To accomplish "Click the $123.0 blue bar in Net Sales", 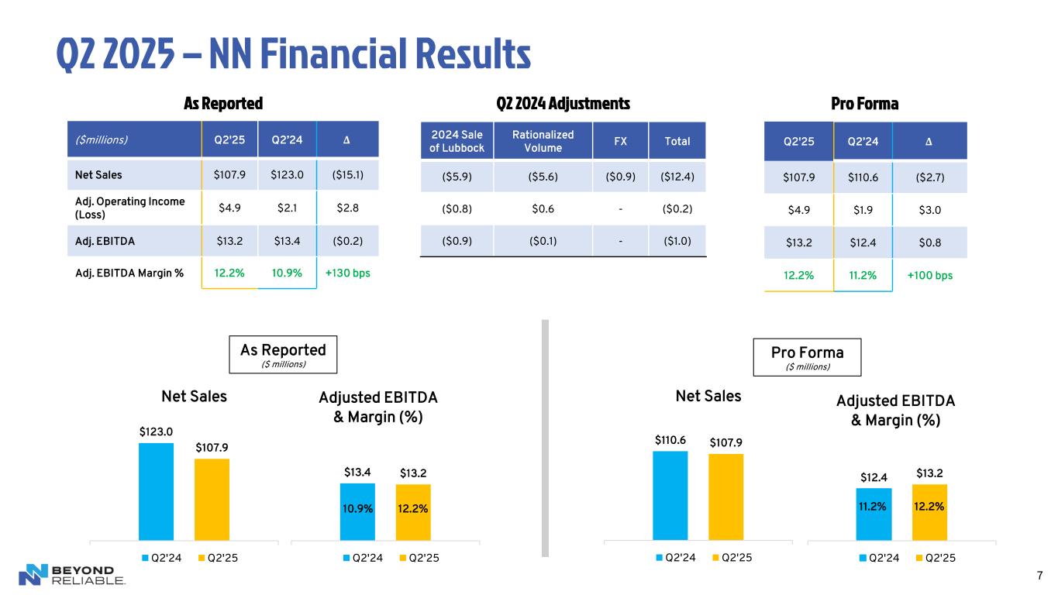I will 156,490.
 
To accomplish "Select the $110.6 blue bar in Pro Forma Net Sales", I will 670,494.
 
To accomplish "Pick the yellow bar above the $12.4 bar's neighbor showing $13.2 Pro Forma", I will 929,511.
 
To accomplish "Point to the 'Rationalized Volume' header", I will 543,141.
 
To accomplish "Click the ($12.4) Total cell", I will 677,176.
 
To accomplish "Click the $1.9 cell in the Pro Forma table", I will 863,209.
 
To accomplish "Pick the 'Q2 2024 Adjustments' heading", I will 563,103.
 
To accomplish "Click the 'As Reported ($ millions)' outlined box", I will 277,354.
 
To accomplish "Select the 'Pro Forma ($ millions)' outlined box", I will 807,356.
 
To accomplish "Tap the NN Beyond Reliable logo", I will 71,574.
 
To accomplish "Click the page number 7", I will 1039,574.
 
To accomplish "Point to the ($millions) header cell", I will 102,141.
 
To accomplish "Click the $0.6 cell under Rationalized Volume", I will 543,208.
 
